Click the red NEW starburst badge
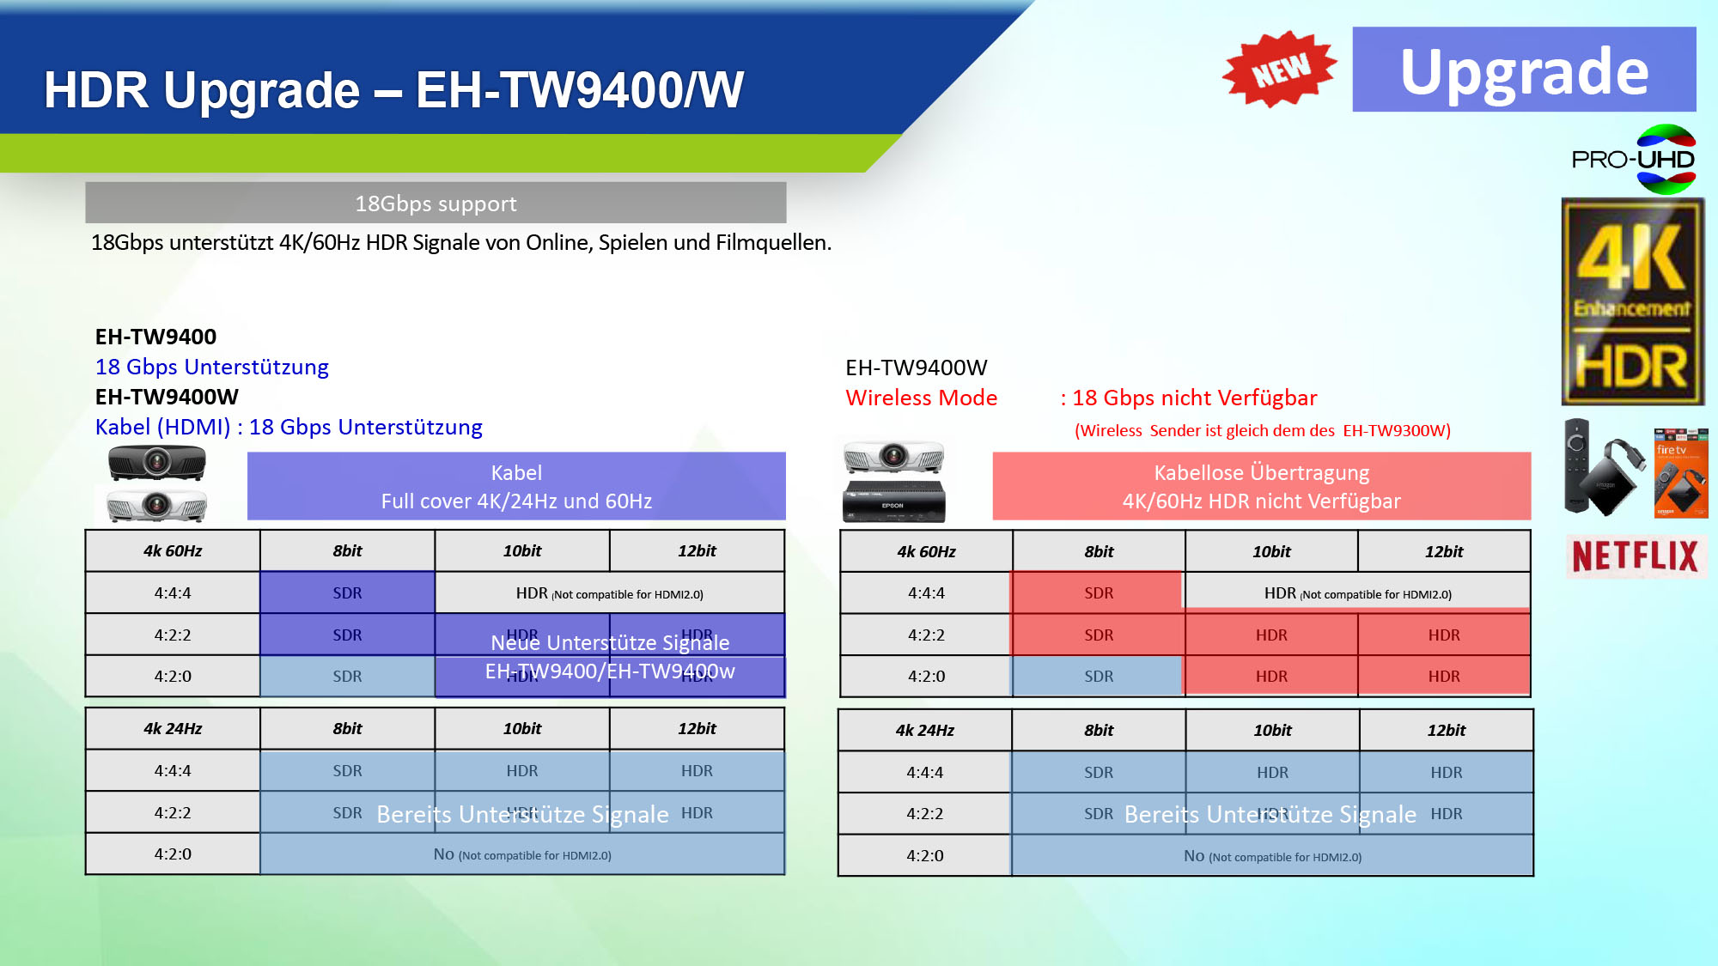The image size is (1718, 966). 1279,69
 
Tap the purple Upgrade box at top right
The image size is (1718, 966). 1523,70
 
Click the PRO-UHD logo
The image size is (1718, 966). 1632,160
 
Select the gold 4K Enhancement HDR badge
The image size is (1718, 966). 1632,301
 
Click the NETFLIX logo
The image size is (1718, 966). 1635,556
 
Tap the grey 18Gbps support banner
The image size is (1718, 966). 436,204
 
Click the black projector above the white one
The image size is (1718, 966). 156,464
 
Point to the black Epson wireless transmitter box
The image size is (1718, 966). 893,501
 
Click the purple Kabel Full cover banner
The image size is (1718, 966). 516,486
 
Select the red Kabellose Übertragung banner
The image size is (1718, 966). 1261,486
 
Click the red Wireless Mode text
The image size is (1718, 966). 921,398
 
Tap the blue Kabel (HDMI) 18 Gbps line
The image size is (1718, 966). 289,427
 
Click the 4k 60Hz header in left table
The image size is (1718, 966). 173,551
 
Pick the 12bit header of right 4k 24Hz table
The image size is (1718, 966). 1446,730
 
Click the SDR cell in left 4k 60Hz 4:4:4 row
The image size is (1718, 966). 347,593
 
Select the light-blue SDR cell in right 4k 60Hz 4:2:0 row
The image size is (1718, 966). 1098,677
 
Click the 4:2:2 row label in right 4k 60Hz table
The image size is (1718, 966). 926,635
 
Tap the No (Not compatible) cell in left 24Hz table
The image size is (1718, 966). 522,854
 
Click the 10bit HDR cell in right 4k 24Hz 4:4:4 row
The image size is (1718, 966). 1272,772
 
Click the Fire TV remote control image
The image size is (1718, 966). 1577,466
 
